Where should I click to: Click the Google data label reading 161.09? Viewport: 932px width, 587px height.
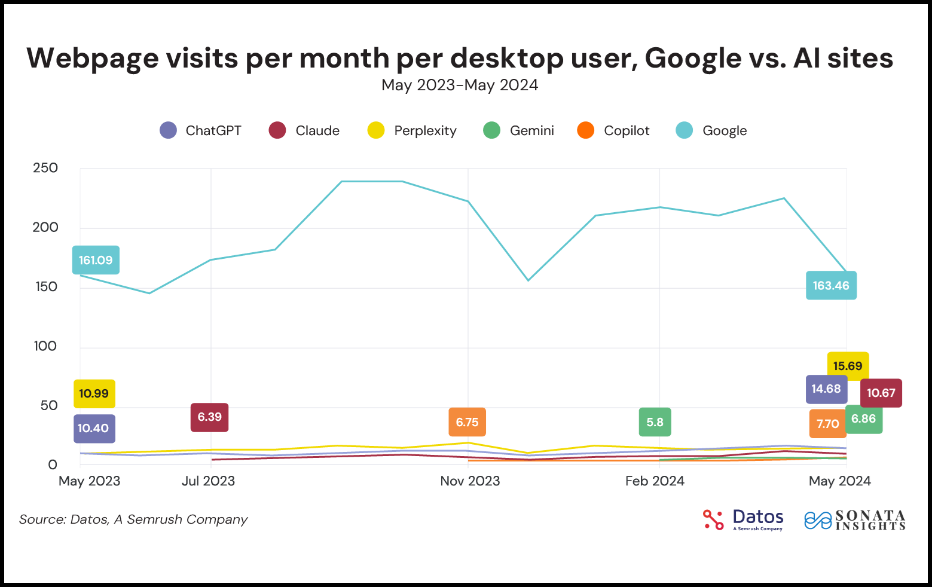(96, 260)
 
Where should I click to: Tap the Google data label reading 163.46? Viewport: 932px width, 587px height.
(831, 285)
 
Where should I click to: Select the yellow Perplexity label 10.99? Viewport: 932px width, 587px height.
(94, 393)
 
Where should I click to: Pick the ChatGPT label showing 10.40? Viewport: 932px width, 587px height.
(94, 428)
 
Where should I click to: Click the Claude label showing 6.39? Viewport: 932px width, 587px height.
(209, 417)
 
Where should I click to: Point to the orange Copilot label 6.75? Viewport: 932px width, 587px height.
(467, 422)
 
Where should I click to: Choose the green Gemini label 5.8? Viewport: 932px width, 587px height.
(655, 422)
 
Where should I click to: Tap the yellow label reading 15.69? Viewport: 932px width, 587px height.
(848, 366)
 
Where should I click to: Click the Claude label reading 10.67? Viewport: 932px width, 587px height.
(881, 393)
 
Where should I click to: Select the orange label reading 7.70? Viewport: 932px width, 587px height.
(827, 424)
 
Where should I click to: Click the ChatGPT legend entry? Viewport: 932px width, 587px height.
(201, 130)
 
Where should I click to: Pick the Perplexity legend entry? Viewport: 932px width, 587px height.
(412, 130)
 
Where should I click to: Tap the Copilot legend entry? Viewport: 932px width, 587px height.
(613, 130)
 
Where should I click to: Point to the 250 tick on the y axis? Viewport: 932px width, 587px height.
(45, 168)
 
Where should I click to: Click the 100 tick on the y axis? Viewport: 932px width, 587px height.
(45, 346)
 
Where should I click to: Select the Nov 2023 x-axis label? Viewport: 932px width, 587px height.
(470, 481)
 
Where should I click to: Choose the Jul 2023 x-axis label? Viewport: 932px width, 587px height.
(208, 481)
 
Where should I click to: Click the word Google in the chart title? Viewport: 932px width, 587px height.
(693, 58)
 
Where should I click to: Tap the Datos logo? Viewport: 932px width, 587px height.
(743, 519)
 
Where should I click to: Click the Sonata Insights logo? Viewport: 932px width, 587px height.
(855, 519)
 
